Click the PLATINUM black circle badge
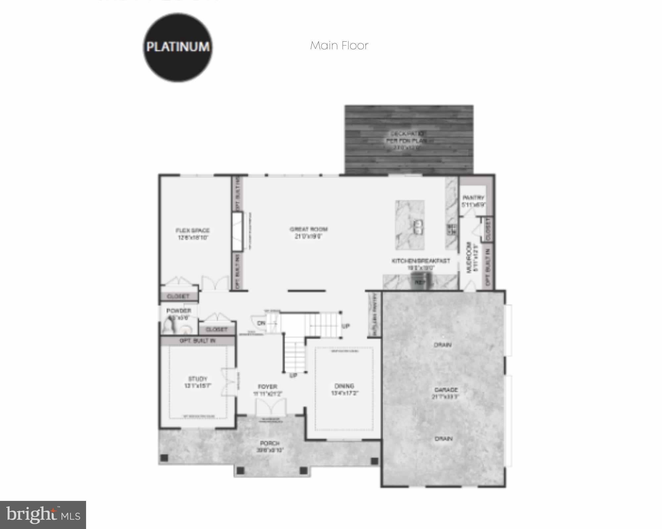pos(178,47)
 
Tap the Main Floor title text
pos(339,45)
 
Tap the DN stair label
pos(261,323)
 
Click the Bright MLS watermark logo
pos(43,514)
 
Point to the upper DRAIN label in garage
pos(443,345)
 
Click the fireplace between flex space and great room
pos(237,232)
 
